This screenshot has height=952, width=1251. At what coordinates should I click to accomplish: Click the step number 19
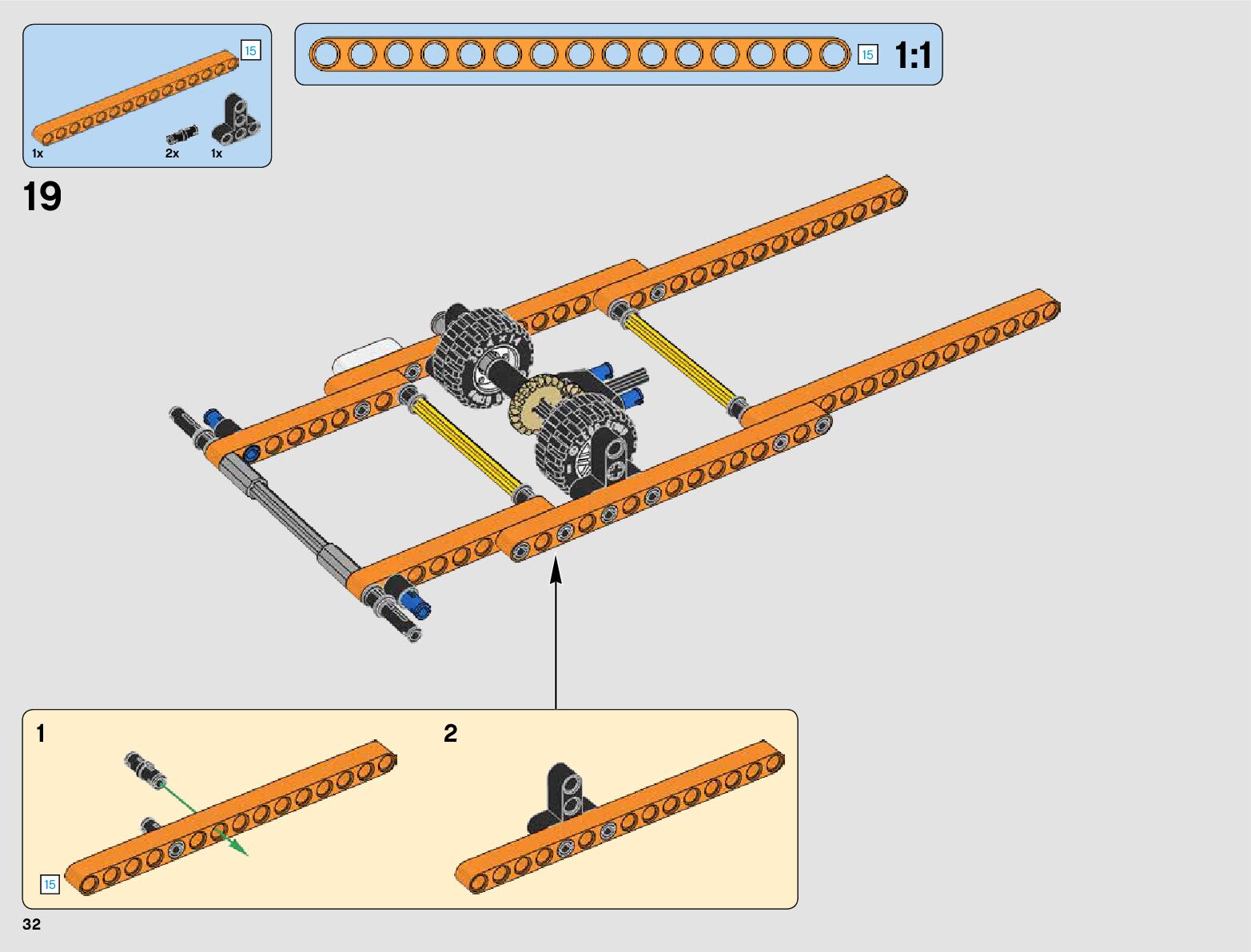(42, 197)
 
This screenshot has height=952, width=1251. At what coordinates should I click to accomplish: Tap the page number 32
(31, 925)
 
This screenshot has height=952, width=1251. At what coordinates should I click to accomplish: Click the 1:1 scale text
(913, 56)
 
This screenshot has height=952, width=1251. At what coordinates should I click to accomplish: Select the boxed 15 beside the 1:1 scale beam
(867, 55)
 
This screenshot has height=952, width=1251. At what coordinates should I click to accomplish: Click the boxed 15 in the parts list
(250, 51)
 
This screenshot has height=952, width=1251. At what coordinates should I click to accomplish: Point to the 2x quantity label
(172, 153)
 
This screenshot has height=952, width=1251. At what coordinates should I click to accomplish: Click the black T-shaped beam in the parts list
(236, 121)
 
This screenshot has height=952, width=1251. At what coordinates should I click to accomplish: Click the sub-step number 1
(41, 733)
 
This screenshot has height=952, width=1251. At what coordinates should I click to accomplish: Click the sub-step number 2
(451, 733)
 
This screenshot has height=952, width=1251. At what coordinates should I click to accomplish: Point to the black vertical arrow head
(556, 571)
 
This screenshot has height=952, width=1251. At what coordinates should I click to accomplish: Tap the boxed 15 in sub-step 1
(50, 884)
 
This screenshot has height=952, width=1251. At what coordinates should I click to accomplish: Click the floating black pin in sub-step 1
(144, 767)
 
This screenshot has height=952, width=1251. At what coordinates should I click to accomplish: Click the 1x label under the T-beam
(217, 153)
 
